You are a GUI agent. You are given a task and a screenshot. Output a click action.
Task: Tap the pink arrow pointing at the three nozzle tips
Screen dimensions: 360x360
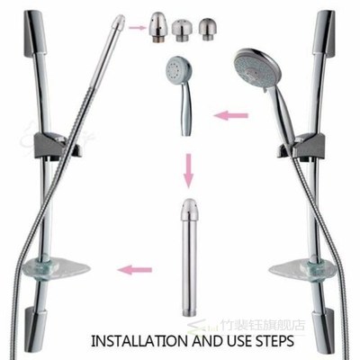[137, 27]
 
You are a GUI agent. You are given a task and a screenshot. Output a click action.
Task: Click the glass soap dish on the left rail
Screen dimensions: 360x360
[52, 267]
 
